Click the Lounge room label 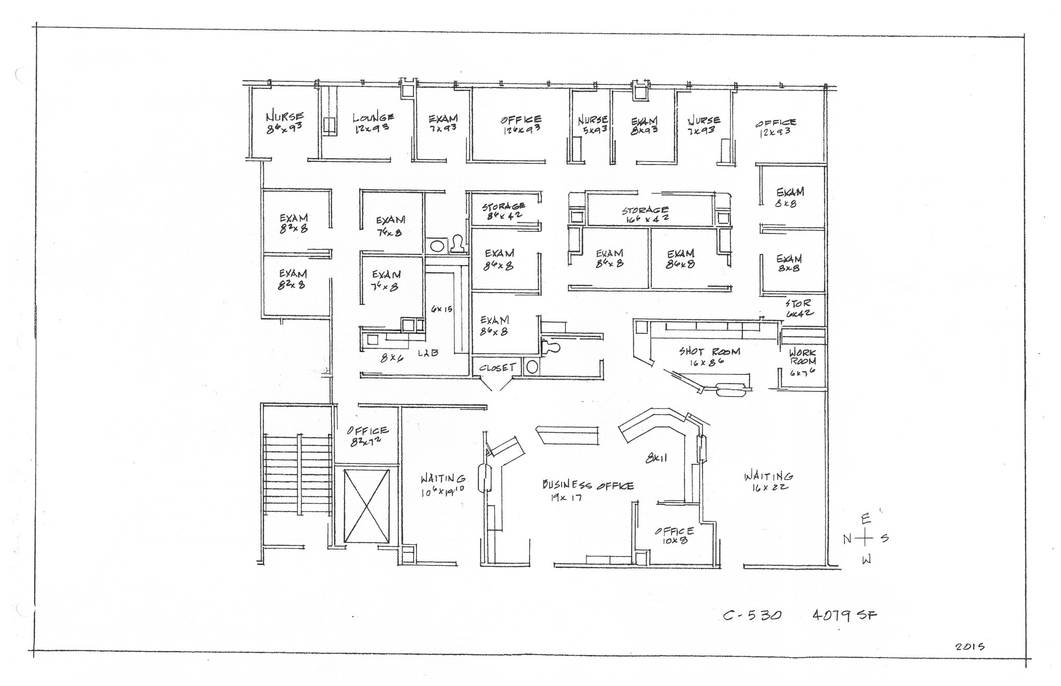pyautogui.click(x=372, y=122)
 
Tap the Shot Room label pyautogui.click(x=709, y=356)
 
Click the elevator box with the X pyautogui.click(x=366, y=506)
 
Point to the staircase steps pyautogui.click(x=297, y=474)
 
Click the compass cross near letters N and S pyautogui.click(x=864, y=538)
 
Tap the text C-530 pyautogui.click(x=752, y=616)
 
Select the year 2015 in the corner pyautogui.click(x=970, y=647)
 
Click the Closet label pyautogui.click(x=497, y=368)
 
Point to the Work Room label pyautogui.click(x=802, y=361)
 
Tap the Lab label pyautogui.click(x=428, y=353)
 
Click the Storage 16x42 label pyautogui.click(x=646, y=213)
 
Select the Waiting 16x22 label pyautogui.click(x=768, y=481)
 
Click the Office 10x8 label pyautogui.click(x=674, y=535)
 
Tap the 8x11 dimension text pyautogui.click(x=656, y=458)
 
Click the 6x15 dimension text pyautogui.click(x=441, y=309)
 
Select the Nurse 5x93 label pyautogui.click(x=593, y=124)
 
